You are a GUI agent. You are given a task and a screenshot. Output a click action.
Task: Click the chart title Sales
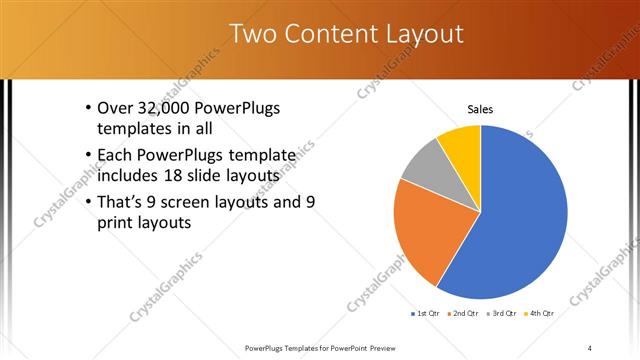pyautogui.click(x=480, y=110)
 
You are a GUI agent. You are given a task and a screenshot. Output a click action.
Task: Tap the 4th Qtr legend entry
pyautogui.click(x=541, y=313)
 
